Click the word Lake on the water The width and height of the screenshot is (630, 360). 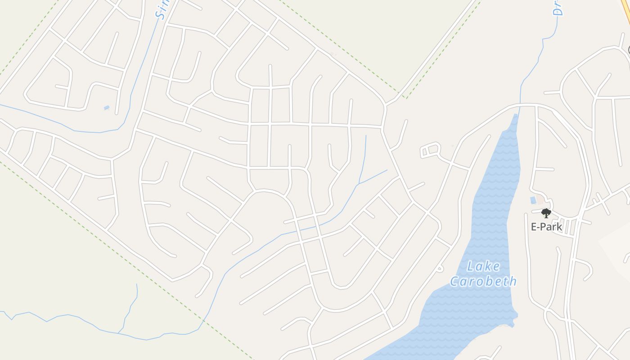(x=483, y=266)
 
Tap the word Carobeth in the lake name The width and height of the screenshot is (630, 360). (x=483, y=282)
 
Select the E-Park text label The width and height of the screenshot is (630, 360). (x=546, y=226)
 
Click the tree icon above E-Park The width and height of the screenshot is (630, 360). (x=546, y=213)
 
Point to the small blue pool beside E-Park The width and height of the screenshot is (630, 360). (x=533, y=200)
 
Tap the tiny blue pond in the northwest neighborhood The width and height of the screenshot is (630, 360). (x=107, y=108)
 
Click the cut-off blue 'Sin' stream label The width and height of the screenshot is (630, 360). (x=161, y=10)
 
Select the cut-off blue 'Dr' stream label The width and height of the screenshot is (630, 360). (x=558, y=8)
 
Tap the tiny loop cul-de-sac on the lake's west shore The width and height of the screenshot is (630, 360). (x=440, y=269)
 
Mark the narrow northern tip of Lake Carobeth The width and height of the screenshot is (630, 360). (x=516, y=118)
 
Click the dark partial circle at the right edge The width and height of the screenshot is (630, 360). (x=629, y=50)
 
